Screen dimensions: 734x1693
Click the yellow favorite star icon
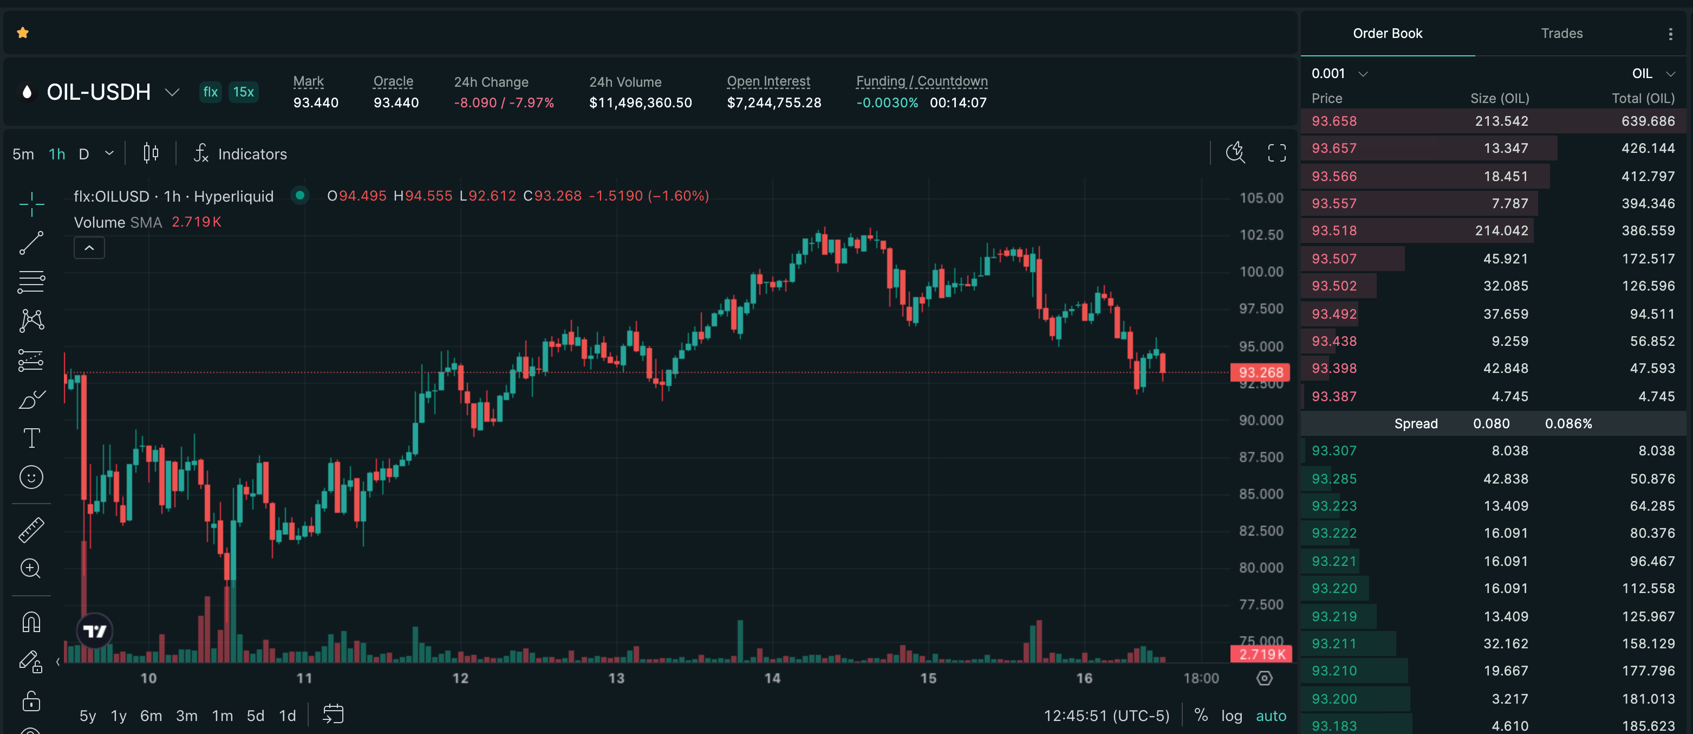tap(23, 33)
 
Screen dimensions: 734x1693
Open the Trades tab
tap(1561, 33)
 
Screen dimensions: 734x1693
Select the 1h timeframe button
tap(57, 154)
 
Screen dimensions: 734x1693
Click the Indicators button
tap(240, 154)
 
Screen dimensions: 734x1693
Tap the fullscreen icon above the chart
tap(1277, 153)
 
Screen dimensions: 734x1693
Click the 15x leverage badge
tap(243, 92)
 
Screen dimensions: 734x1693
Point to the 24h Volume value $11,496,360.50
tap(640, 102)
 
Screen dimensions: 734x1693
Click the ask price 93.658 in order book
tap(1333, 121)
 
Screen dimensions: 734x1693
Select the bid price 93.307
tap(1333, 450)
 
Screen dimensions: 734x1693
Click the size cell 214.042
tap(1501, 231)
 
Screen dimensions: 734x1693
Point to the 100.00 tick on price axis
tap(1261, 272)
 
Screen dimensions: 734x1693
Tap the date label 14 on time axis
tap(772, 678)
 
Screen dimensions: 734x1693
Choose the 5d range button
tap(255, 716)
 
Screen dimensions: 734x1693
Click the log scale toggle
tap(1231, 716)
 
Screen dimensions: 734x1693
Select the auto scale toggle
tap(1271, 716)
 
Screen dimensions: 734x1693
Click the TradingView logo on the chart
tap(95, 632)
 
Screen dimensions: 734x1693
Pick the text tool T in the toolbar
tap(31, 438)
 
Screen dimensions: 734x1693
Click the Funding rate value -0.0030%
tap(887, 102)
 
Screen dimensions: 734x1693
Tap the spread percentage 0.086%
tap(1567, 423)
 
